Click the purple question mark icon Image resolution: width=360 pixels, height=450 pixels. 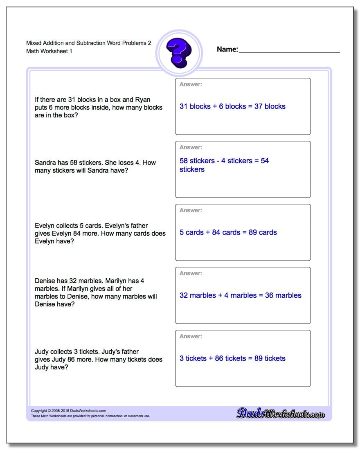[x=179, y=53]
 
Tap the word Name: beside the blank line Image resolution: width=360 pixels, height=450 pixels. [x=227, y=49]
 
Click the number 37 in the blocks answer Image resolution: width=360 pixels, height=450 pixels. [x=259, y=106]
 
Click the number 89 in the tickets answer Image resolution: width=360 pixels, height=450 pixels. [x=259, y=358]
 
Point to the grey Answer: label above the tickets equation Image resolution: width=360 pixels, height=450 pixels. [x=191, y=336]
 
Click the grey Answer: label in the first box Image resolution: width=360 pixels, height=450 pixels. [x=191, y=84]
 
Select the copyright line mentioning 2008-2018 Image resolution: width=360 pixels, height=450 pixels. [x=69, y=411]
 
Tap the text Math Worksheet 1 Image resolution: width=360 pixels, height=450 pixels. [x=49, y=51]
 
